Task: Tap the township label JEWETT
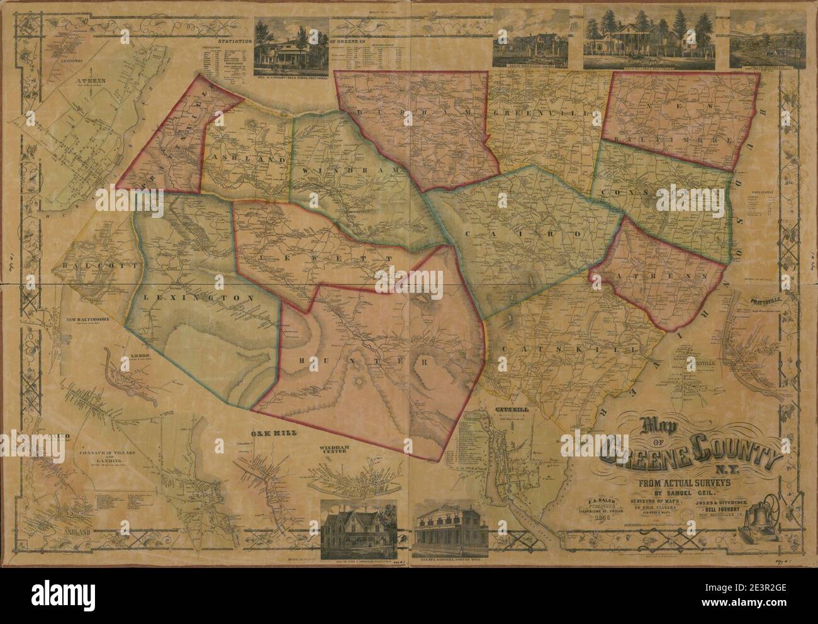(x=315, y=258)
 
